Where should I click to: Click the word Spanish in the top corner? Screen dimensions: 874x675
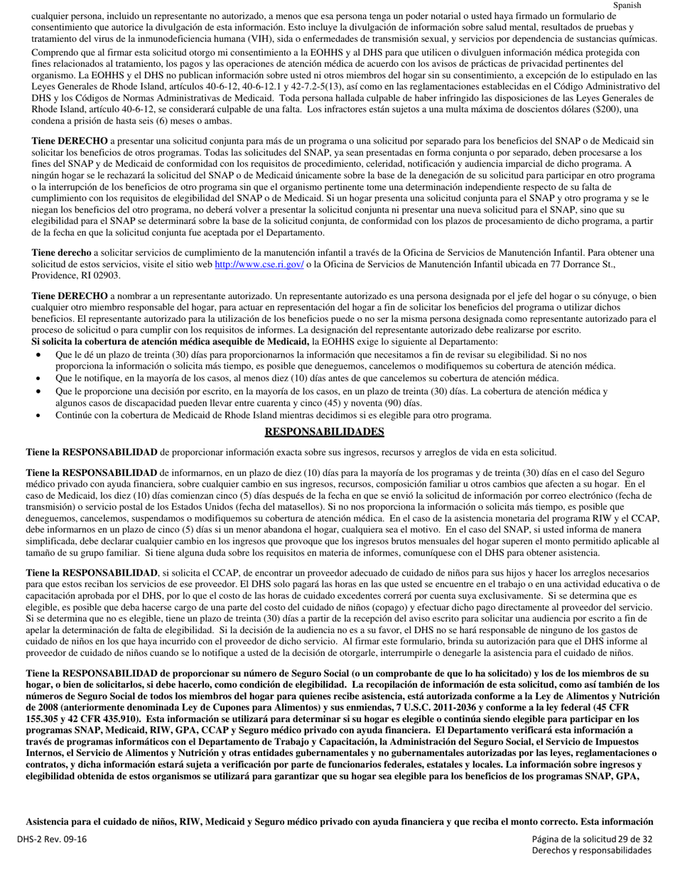pyautogui.click(x=627, y=5)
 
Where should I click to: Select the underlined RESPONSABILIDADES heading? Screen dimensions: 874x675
pyautogui.click(x=324, y=432)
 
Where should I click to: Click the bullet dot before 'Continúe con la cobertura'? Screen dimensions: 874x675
pyautogui.click(x=38, y=416)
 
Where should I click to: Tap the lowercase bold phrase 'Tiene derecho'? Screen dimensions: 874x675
pyautogui.click(x=61, y=253)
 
